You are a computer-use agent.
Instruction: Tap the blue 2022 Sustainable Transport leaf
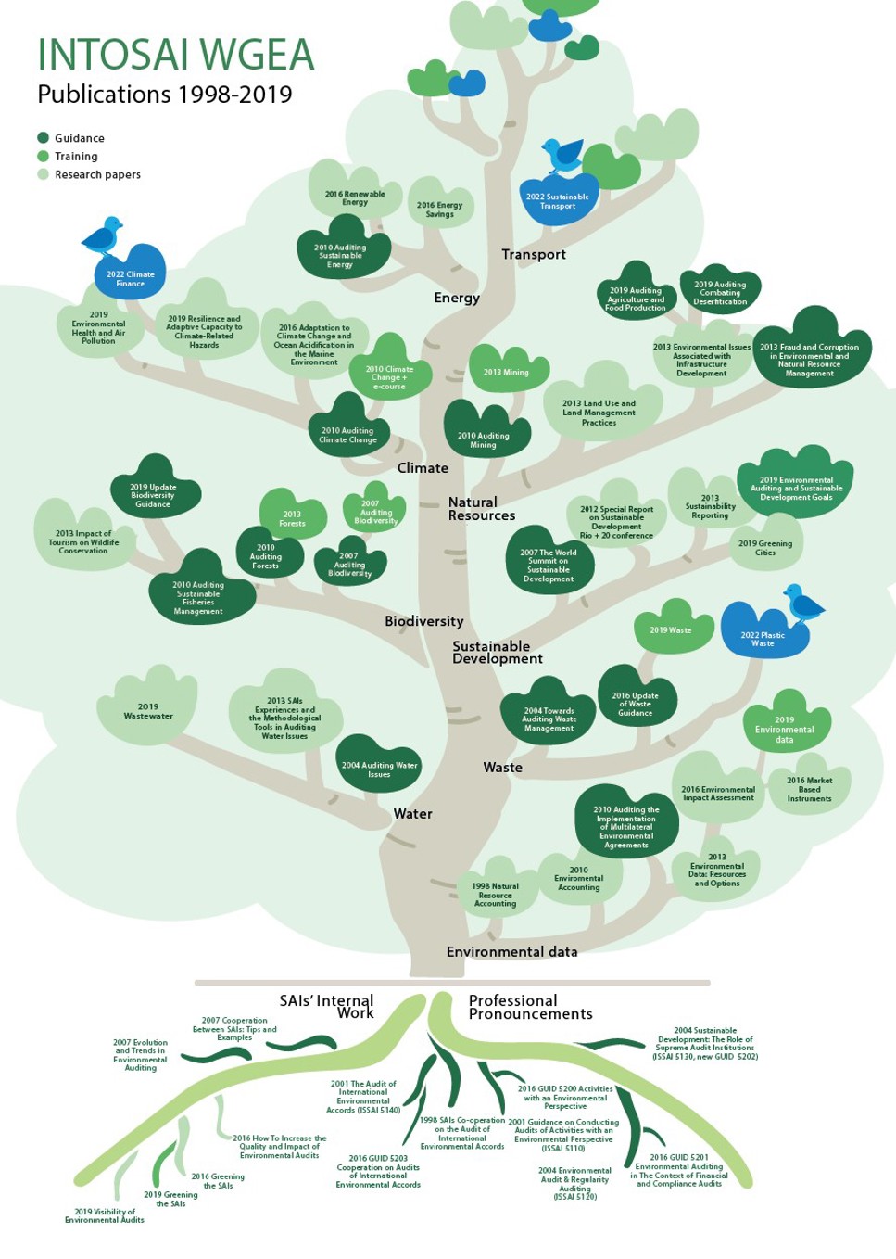click(559, 200)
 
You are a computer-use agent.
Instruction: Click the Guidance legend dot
click(44, 138)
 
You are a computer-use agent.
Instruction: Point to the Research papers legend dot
click(44, 174)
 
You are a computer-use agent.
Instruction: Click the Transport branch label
click(534, 255)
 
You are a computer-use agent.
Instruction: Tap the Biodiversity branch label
click(424, 621)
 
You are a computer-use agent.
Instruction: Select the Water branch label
click(413, 813)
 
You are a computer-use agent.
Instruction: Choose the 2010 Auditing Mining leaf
click(486, 433)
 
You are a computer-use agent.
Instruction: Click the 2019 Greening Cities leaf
click(765, 544)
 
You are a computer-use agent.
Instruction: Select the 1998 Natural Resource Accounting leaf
click(495, 890)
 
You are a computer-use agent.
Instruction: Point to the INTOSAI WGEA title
click(176, 55)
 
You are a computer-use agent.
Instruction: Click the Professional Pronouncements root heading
click(530, 1007)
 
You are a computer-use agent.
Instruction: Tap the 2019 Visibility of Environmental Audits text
click(105, 1215)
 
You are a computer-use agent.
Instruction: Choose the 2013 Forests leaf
click(292, 515)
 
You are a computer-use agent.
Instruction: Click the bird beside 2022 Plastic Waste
click(802, 603)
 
